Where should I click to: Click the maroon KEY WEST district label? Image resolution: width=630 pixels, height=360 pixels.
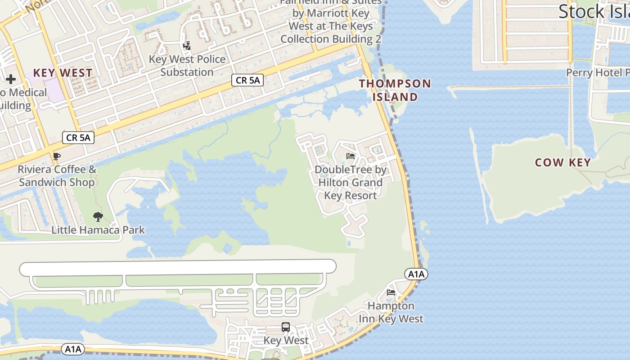pyautogui.click(x=63, y=73)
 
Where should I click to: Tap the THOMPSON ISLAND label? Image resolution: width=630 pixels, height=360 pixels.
pyautogui.click(x=395, y=90)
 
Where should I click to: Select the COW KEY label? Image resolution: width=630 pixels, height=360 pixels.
pyautogui.click(x=562, y=162)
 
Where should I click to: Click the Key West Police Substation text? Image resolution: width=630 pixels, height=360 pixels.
pyautogui.click(x=187, y=66)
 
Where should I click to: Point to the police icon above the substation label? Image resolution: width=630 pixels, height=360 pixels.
pyautogui.click(x=187, y=46)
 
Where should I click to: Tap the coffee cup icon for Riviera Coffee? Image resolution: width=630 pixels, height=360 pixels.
pyautogui.click(x=57, y=157)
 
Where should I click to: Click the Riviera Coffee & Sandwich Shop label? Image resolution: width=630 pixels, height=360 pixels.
pyautogui.click(x=57, y=176)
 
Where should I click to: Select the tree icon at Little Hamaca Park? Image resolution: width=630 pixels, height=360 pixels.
pyautogui.click(x=98, y=217)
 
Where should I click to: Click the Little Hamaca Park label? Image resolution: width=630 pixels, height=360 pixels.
pyautogui.click(x=98, y=230)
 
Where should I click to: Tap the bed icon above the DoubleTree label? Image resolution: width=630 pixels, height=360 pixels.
pyautogui.click(x=351, y=157)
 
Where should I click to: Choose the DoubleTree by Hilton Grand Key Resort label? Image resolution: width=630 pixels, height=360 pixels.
pyautogui.click(x=351, y=183)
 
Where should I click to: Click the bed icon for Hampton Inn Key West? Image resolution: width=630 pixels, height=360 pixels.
pyautogui.click(x=391, y=292)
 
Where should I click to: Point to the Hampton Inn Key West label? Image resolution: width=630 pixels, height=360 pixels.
pyautogui.click(x=391, y=312)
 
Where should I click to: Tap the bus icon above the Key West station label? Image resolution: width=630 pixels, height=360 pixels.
pyautogui.click(x=286, y=327)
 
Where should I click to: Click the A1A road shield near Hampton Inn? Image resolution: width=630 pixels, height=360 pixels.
pyautogui.click(x=416, y=274)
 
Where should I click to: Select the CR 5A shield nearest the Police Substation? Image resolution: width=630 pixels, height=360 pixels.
pyautogui.click(x=247, y=81)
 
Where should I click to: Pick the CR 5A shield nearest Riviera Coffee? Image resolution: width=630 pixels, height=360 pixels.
pyautogui.click(x=78, y=138)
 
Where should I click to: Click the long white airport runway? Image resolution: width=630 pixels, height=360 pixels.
pyautogui.click(x=178, y=267)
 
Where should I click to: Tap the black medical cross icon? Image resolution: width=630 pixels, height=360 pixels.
pyautogui.click(x=11, y=80)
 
